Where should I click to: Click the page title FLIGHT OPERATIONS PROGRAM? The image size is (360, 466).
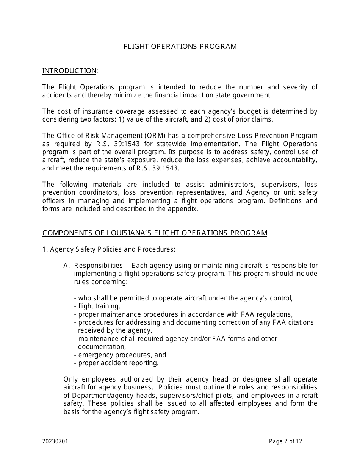(180, 47)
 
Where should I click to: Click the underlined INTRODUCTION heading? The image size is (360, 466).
(69, 71)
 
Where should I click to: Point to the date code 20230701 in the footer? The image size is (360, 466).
(55, 441)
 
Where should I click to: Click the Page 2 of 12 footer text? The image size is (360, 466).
(285, 441)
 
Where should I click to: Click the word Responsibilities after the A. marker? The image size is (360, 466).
(99, 266)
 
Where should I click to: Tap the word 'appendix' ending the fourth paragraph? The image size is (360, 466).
(185, 209)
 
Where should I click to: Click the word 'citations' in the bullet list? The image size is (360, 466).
(299, 322)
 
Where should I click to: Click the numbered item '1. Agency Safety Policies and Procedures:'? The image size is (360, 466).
(109, 249)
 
